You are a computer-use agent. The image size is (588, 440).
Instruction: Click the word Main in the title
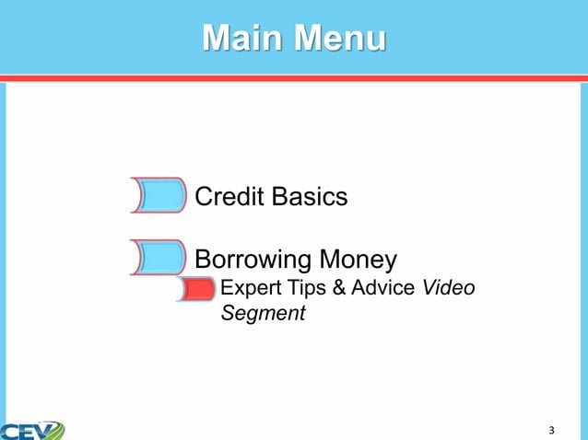tap(242, 39)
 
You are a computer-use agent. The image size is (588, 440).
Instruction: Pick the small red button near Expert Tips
tap(196, 290)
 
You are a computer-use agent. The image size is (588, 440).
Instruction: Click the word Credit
tap(228, 196)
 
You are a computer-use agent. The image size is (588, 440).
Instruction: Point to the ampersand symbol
tap(338, 289)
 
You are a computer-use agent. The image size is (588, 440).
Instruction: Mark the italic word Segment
tap(263, 314)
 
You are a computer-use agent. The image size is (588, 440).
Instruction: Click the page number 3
tap(551, 430)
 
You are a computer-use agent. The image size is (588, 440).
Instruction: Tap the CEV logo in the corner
tap(32, 430)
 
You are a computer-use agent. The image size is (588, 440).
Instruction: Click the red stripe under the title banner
tap(294, 78)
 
